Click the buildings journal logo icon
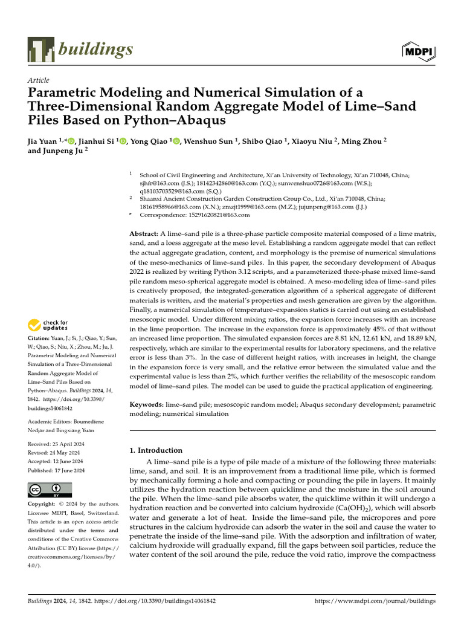[41, 50]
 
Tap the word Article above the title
[39, 80]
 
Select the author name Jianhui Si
[98, 141]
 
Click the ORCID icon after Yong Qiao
[176, 141]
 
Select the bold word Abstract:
[144, 233]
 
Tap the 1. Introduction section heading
[156, 450]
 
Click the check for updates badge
[48, 325]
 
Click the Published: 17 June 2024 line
[56, 470]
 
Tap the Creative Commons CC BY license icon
[50, 489]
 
